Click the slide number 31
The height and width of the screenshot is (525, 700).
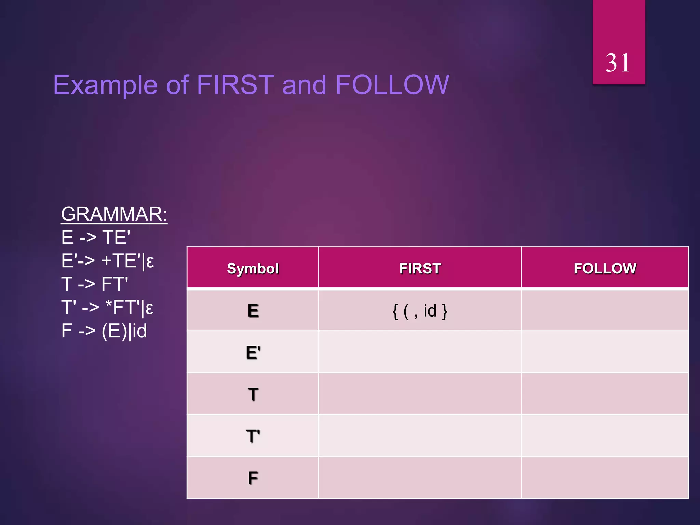point(618,63)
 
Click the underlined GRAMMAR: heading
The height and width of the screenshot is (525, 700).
point(114,214)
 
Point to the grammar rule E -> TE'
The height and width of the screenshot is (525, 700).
point(96,238)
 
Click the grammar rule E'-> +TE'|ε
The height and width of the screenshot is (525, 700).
point(107,261)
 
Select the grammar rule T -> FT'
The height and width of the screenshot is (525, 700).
point(95,284)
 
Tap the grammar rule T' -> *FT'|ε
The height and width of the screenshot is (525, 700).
point(107,308)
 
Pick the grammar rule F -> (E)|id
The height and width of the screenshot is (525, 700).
point(104,331)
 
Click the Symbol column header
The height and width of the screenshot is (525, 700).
point(253,269)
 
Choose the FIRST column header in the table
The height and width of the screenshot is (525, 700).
point(420,269)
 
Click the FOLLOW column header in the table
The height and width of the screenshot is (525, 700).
point(605,269)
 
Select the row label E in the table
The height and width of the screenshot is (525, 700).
point(253,311)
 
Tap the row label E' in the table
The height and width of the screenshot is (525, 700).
point(253,352)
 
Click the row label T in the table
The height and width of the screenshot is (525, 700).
point(253,394)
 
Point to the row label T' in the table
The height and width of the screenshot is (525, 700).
point(253,436)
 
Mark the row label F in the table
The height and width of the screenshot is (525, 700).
point(253,478)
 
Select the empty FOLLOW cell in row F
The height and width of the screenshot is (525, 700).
point(605,478)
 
